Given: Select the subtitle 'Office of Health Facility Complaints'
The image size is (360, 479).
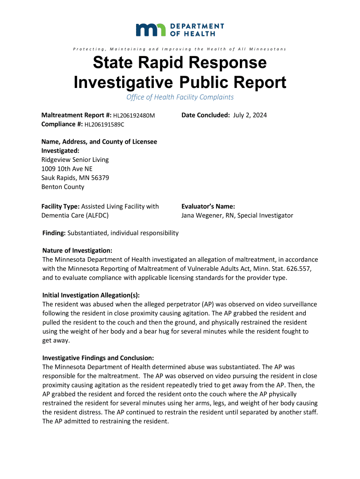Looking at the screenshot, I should pyautogui.click(x=180, y=97).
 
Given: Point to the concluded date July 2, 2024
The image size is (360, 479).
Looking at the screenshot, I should pyautogui.click(x=250, y=115).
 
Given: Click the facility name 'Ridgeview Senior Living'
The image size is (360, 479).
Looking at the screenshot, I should pyautogui.click(x=75, y=160).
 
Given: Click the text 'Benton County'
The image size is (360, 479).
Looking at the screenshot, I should pyautogui.click(x=63, y=187).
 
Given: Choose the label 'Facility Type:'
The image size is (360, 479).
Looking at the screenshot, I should pyautogui.click(x=60, y=206).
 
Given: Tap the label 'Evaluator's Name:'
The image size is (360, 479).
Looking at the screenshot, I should pyautogui.click(x=208, y=206).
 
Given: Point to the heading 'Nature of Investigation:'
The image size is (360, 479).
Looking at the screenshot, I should pyautogui.click(x=77, y=251).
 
